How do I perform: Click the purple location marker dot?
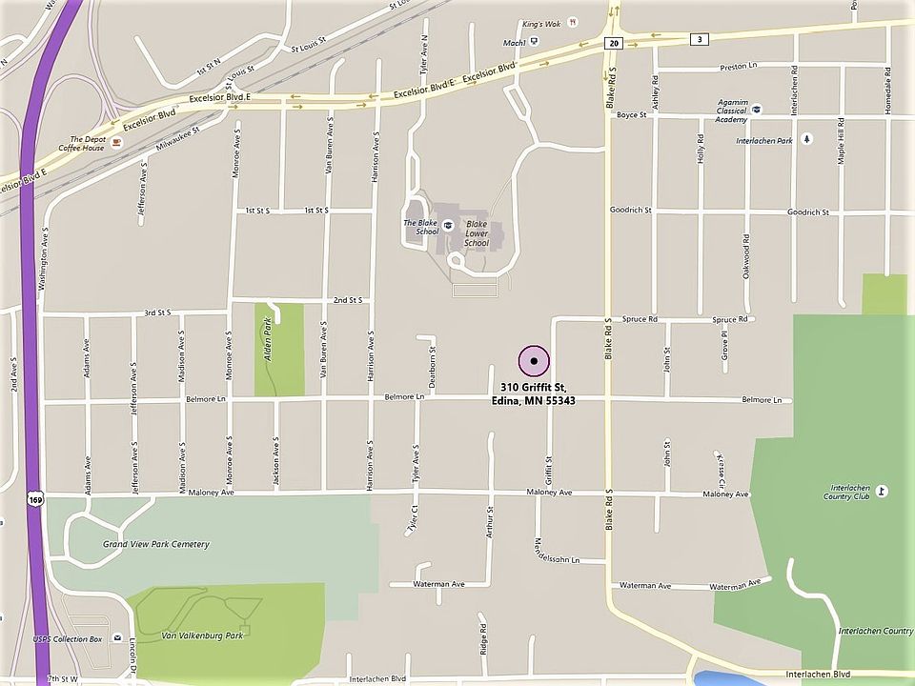[534, 362]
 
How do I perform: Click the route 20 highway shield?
[613, 43]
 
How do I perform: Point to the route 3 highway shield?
[701, 39]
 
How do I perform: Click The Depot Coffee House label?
[81, 143]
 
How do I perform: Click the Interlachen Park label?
[764, 140]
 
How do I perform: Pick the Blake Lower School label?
[477, 236]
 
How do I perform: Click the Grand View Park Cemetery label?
[155, 544]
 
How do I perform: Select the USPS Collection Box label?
[67, 638]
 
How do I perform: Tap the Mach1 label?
[515, 43]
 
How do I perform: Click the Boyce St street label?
[631, 115]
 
